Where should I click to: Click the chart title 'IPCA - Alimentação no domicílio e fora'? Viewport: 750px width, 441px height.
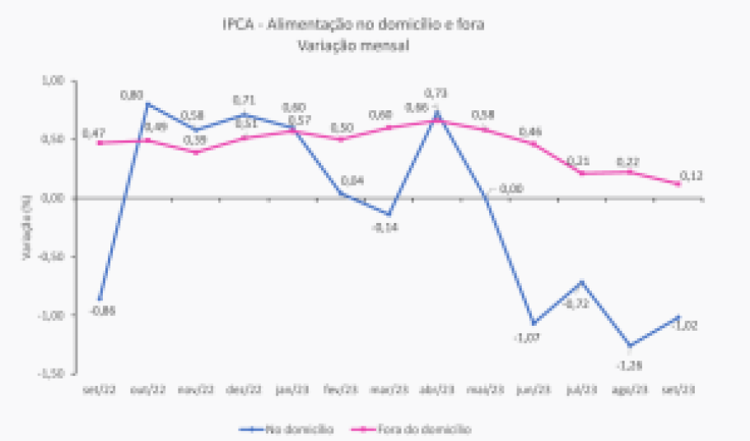352,25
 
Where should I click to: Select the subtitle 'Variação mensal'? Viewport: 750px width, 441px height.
353,46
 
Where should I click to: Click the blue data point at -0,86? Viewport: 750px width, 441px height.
100,299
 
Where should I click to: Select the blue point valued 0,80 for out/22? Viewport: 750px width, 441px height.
148,104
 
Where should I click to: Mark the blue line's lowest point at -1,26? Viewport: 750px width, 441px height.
630,346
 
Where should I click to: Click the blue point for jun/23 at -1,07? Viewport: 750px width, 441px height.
533,323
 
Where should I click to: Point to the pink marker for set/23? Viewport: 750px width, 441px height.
678,183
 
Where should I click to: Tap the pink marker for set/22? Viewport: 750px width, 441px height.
100,142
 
